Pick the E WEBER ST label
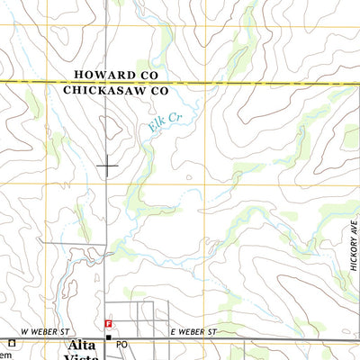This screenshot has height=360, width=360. (x=193, y=332)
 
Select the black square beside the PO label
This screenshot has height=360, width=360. (x=108, y=339)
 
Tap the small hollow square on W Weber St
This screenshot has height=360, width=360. (x=13, y=342)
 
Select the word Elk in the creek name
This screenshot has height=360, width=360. (x=156, y=129)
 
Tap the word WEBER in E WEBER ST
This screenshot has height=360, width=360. (x=193, y=332)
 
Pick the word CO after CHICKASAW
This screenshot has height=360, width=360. (x=159, y=91)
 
